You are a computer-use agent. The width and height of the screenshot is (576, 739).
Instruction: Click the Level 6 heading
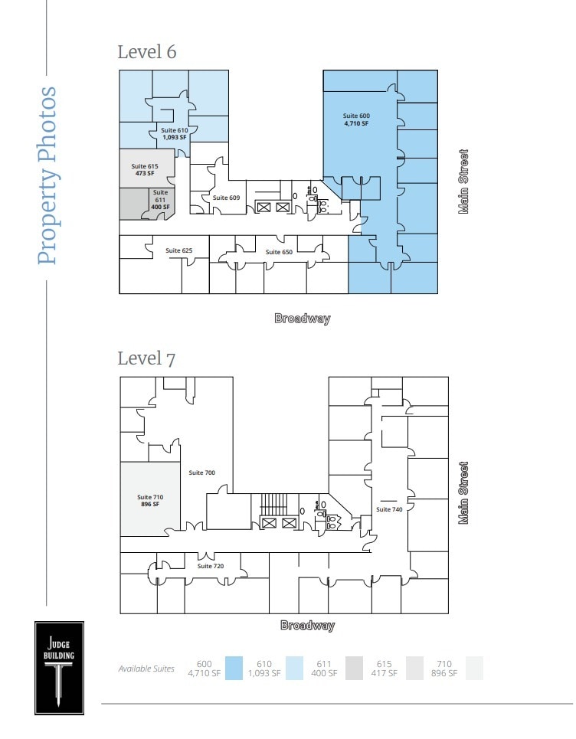click(146, 52)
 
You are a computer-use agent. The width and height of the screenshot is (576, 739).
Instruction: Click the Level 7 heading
click(146, 358)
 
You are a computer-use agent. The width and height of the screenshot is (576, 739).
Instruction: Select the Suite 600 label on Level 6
click(355, 119)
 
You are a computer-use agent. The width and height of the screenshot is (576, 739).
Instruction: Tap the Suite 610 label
click(174, 134)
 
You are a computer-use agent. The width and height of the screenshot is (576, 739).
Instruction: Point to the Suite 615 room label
click(144, 170)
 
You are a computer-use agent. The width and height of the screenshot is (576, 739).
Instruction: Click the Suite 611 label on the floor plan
click(160, 199)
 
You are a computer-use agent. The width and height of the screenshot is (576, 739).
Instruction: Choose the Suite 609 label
click(226, 198)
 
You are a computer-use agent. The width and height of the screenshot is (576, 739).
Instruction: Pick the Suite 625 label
click(178, 250)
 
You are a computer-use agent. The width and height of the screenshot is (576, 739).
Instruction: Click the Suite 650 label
click(279, 252)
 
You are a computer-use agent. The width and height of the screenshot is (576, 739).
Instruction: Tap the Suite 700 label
click(201, 473)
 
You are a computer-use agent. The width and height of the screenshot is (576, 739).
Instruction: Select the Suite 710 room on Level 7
click(149, 501)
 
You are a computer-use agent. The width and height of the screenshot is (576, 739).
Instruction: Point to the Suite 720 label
click(210, 566)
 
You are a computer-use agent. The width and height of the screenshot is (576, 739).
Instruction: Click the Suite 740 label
click(389, 509)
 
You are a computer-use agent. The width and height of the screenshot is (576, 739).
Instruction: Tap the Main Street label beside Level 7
click(463, 492)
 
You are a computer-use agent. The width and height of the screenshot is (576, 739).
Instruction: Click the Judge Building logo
click(59, 667)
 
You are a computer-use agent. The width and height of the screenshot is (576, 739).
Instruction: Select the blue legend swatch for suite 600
click(234, 669)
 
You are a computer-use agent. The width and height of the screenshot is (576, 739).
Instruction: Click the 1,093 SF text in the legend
click(264, 674)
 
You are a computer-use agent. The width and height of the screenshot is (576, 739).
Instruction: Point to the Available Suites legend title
click(146, 669)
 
